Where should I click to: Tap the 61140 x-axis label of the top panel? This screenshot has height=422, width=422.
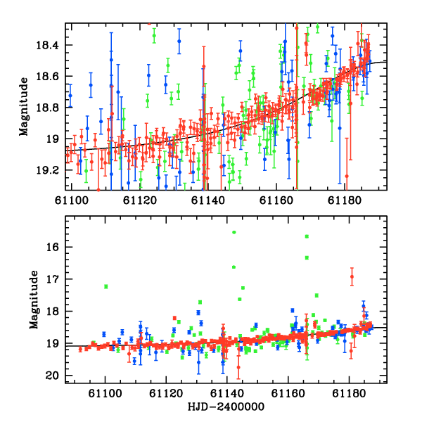207,200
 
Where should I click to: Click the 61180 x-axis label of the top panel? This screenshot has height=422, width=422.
345,200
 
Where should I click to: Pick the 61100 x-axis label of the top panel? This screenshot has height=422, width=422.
72,200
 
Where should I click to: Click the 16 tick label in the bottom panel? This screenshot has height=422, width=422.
53,247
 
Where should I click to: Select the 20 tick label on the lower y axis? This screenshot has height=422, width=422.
53,376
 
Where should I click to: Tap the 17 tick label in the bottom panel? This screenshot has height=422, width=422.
53,279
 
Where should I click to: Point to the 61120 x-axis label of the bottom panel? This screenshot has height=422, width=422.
166,393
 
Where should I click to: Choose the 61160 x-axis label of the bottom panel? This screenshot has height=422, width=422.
288,393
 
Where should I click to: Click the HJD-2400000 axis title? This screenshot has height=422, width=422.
226,407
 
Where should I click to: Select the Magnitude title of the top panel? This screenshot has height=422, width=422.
24,107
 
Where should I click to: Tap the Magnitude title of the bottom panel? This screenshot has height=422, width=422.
34,300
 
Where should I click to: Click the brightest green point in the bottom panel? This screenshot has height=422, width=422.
234,232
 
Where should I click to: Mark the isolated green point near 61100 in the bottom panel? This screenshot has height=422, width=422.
106,287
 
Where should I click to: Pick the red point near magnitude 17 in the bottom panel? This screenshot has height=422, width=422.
352,276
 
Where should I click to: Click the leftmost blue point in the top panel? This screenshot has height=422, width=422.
70,96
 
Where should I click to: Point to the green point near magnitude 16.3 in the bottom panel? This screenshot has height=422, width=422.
307,258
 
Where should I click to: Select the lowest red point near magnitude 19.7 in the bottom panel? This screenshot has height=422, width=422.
238,367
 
